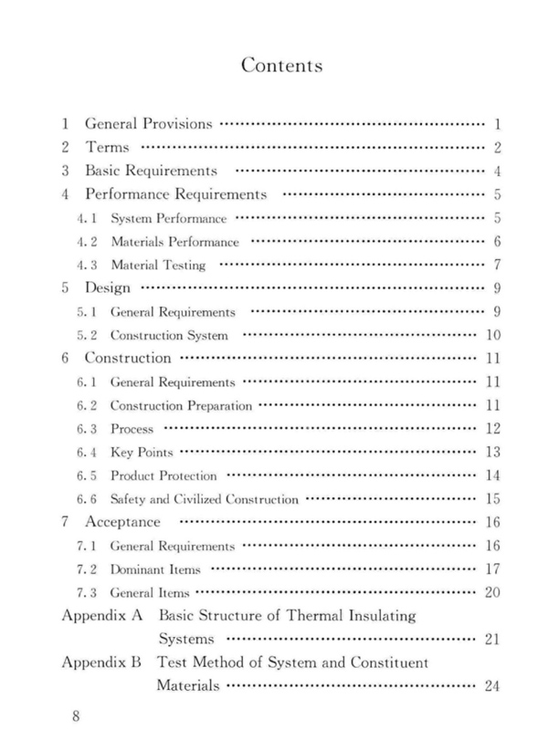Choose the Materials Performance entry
tap(174, 243)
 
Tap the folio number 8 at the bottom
tap(78, 716)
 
